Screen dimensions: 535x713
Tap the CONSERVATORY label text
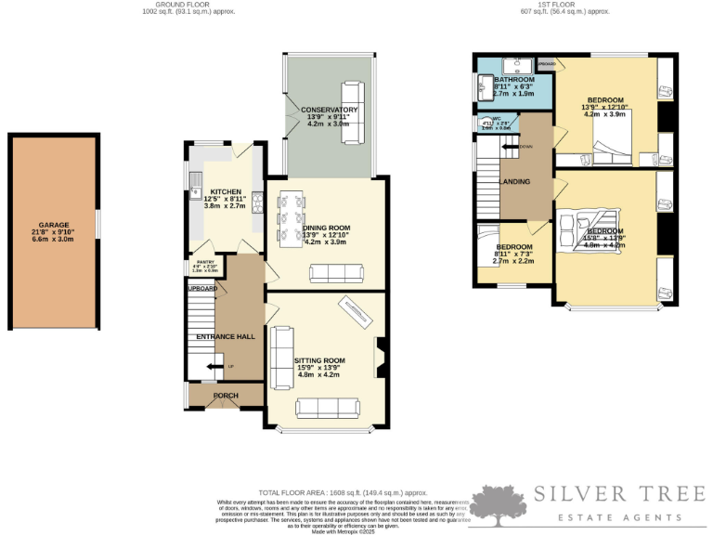tap(329, 110)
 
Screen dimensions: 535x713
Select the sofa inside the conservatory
tap(351, 112)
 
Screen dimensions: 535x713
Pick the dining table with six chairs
tap(291, 215)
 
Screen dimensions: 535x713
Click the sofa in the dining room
tap(336, 272)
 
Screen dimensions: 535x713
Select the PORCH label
tap(226, 395)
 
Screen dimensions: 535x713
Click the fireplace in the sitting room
tap(378, 358)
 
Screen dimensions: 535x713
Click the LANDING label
tap(516, 181)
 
